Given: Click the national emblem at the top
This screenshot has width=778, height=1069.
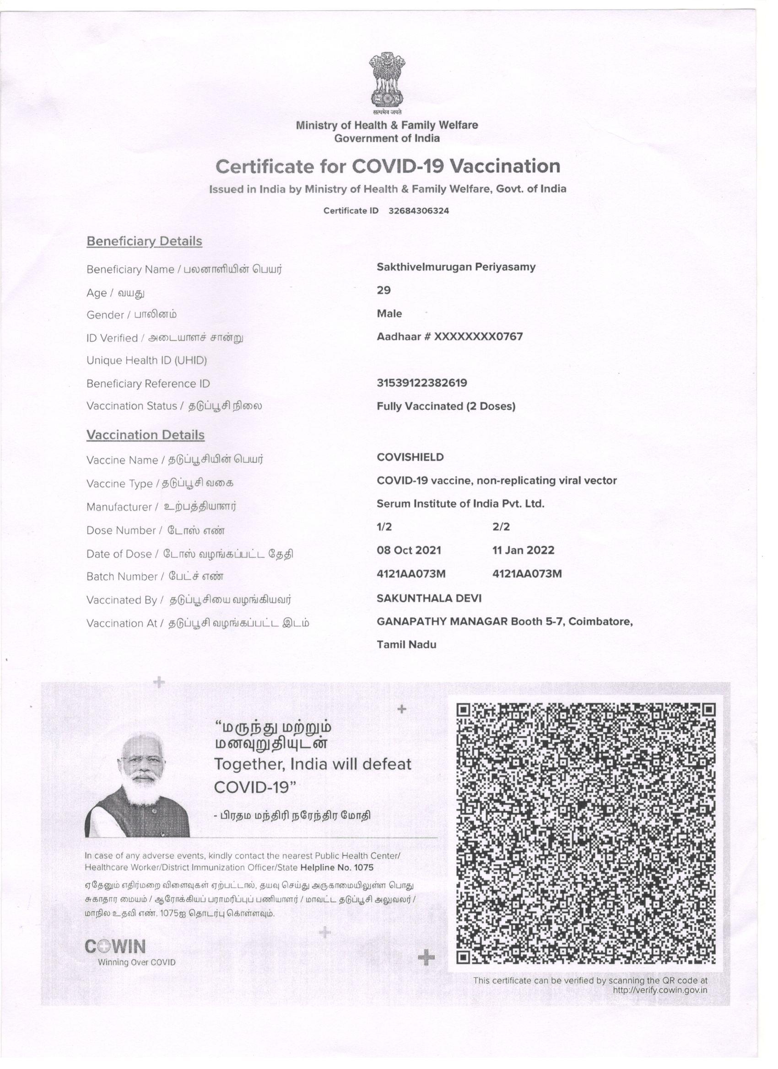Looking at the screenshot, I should [387, 80].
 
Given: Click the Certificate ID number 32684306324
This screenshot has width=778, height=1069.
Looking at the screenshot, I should [418, 211].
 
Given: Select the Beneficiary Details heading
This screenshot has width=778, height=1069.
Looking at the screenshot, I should [144, 241].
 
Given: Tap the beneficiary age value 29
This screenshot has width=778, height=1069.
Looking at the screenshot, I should [384, 290].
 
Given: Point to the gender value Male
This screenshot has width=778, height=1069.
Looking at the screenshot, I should [389, 314].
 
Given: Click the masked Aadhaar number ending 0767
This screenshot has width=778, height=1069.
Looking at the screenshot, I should [449, 337].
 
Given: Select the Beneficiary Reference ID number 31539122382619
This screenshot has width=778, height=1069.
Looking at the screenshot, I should [422, 383].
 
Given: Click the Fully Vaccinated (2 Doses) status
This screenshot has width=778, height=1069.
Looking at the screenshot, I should [446, 406].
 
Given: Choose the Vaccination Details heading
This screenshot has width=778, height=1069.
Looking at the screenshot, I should [146, 434].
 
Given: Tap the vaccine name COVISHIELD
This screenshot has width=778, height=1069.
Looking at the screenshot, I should [410, 457].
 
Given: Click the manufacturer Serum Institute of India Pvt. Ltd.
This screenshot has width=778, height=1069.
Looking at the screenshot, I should [460, 503].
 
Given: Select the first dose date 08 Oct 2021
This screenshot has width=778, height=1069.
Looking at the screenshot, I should [409, 550].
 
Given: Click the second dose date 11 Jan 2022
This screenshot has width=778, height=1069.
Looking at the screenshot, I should [523, 550].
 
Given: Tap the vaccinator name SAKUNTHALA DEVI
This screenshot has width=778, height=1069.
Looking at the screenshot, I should [429, 598].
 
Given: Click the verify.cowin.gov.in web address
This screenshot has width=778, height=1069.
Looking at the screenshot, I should [660, 990].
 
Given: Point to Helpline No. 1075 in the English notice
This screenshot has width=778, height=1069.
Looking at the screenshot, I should [337, 868].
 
